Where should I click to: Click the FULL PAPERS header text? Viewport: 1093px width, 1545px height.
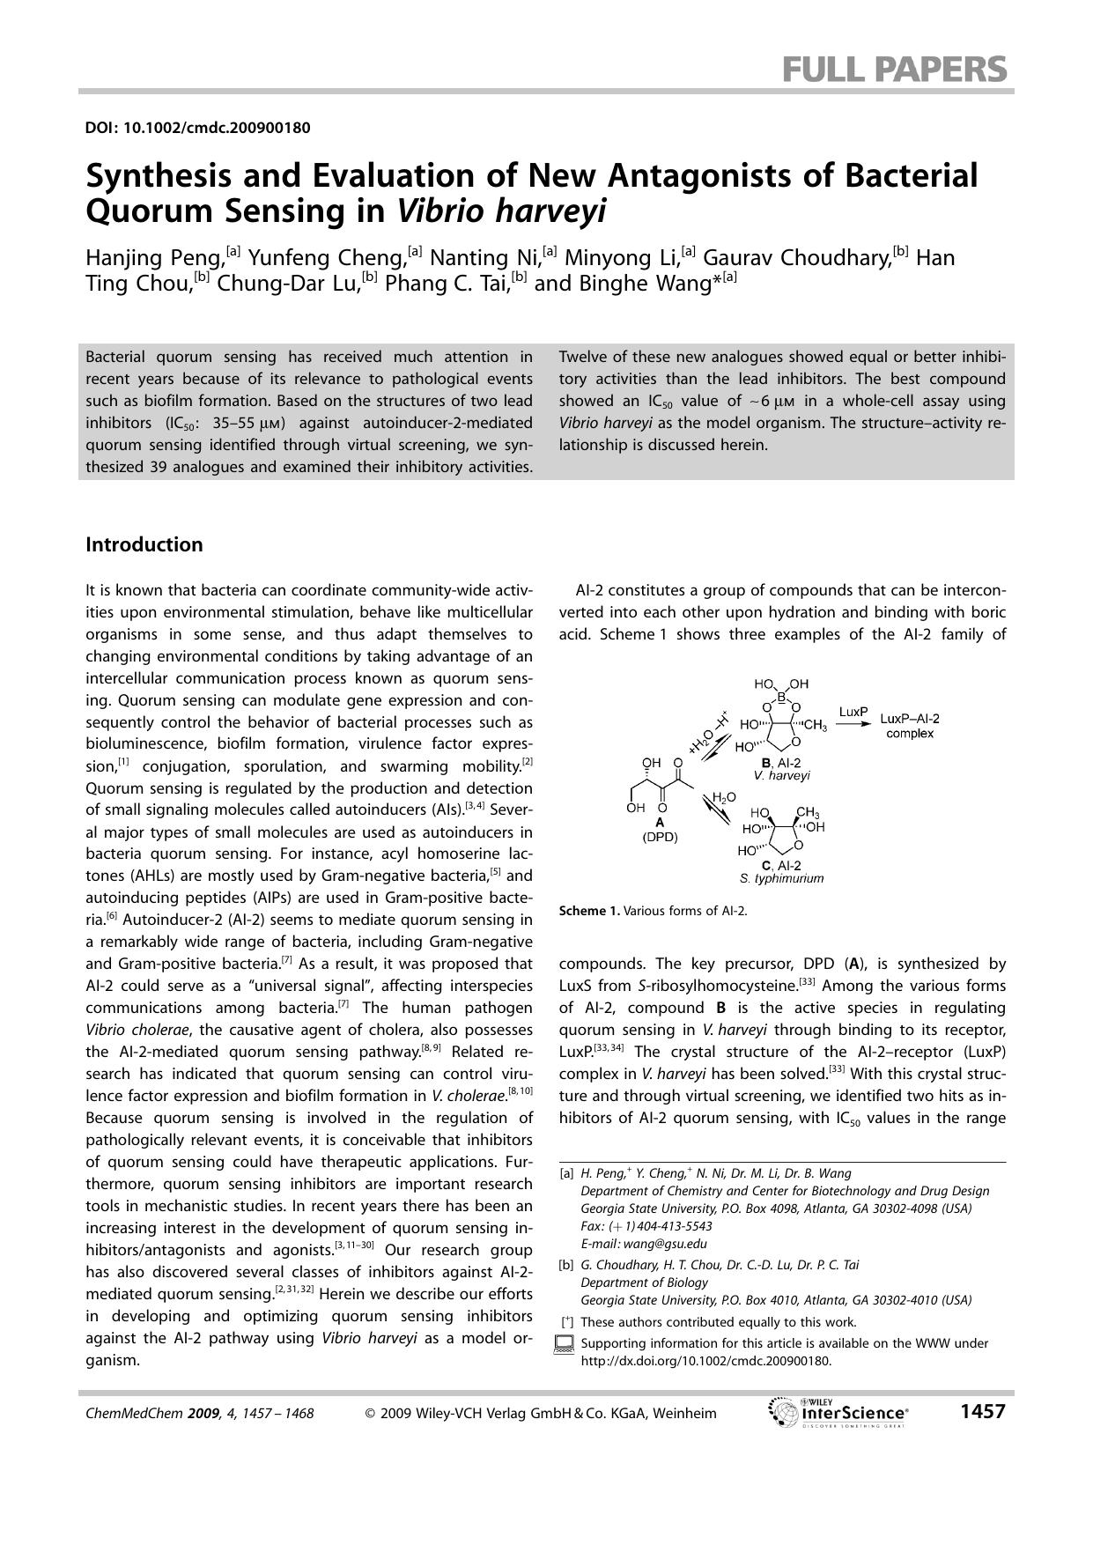click(x=895, y=69)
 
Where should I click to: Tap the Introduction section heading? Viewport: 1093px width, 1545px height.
click(x=144, y=544)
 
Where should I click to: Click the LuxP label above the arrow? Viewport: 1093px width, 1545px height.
click(x=853, y=711)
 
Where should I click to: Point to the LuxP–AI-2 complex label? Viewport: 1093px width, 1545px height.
click(x=910, y=726)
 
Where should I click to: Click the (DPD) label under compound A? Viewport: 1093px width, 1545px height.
click(x=660, y=837)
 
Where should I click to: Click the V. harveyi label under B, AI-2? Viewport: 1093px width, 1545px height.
click(x=781, y=775)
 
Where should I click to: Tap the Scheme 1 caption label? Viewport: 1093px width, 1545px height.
click(x=589, y=911)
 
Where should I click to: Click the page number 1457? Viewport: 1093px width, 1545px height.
click(x=982, y=1412)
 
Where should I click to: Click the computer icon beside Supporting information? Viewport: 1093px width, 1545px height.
click(x=565, y=1344)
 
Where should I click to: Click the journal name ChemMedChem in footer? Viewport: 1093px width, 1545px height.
click(x=135, y=1413)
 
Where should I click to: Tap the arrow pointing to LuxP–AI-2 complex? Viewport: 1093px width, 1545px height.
click(x=853, y=724)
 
